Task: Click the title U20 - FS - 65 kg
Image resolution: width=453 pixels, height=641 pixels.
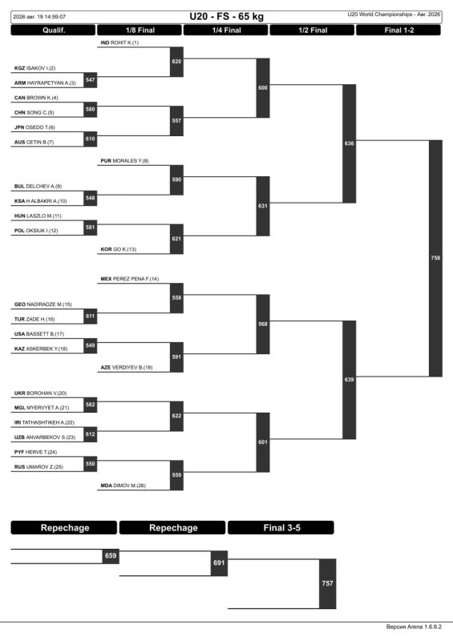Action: pyautogui.click(x=226, y=17)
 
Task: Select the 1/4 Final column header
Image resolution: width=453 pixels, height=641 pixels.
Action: pyautogui.click(x=226, y=30)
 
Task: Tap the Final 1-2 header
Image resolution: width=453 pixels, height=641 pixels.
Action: pyautogui.click(x=399, y=30)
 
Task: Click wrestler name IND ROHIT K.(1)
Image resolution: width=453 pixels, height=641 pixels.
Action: pyautogui.click(x=119, y=42)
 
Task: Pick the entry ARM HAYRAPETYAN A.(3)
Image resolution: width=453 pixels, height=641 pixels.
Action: pyautogui.click(x=45, y=83)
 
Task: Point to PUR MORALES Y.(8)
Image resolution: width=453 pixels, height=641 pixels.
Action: pyautogui.click(x=124, y=161)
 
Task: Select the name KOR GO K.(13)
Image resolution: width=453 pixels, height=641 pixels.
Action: pyautogui.click(x=119, y=249)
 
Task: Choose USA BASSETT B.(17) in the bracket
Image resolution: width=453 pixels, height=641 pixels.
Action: pyautogui.click(x=39, y=334)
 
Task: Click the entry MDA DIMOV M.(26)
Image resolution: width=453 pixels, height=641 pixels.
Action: pyautogui.click(x=123, y=486)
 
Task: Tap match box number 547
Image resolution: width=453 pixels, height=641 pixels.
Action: pyautogui.click(x=91, y=80)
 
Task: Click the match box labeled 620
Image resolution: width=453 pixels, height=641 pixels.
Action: pyautogui.click(x=176, y=62)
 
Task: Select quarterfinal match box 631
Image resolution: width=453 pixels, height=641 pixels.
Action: pyautogui.click(x=263, y=206)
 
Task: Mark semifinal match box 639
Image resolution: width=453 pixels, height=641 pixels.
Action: pyautogui.click(x=349, y=380)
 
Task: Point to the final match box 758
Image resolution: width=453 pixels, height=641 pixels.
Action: pyautogui.click(x=436, y=258)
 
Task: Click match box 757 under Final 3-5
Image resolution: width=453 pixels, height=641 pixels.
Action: pyautogui.click(x=327, y=583)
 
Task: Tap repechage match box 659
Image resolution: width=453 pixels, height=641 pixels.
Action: pyautogui.click(x=111, y=556)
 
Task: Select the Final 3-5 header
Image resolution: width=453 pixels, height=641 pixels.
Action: pyautogui.click(x=281, y=528)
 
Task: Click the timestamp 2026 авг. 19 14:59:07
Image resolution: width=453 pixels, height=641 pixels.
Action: pyautogui.click(x=39, y=17)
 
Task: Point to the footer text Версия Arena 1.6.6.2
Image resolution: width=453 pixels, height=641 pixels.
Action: pyautogui.click(x=414, y=627)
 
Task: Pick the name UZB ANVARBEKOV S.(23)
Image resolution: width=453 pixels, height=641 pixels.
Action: pyautogui.click(x=45, y=437)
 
